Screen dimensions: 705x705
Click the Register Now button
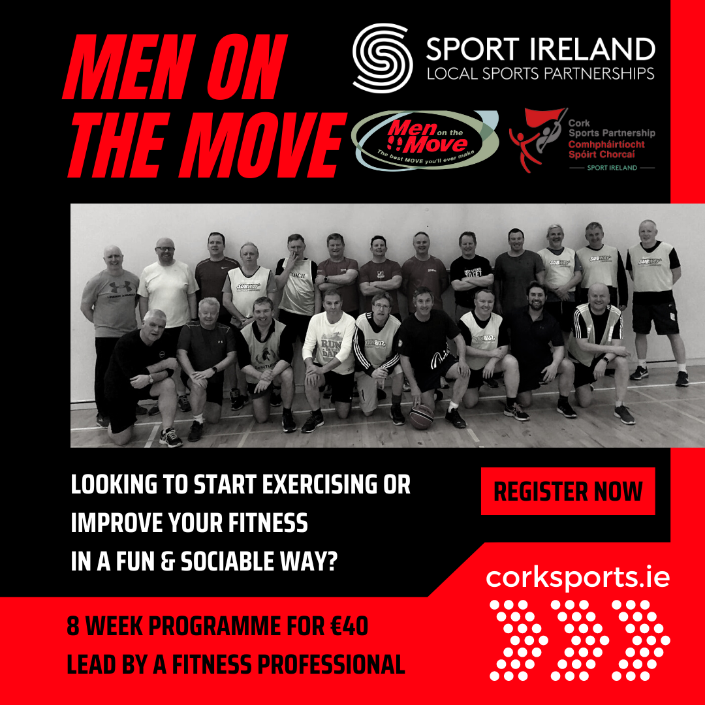(x=568, y=492)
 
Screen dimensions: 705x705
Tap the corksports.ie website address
(x=578, y=578)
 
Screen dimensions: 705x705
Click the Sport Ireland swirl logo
(x=383, y=57)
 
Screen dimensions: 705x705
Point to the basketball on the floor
(x=421, y=415)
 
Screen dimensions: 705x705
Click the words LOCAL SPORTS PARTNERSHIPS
(x=540, y=72)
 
